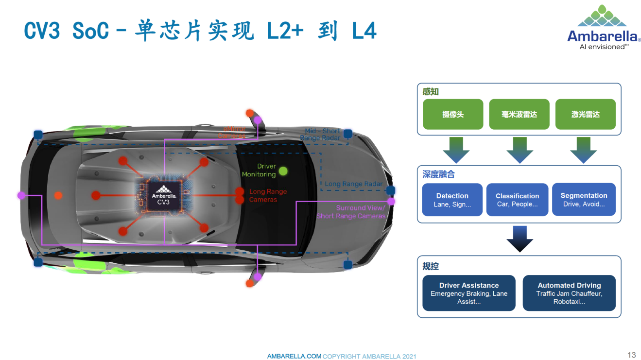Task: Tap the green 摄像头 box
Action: (453, 114)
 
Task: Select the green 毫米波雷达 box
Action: (519, 114)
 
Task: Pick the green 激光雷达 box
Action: (585, 114)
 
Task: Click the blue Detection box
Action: (452, 200)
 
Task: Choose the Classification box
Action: (517, 200)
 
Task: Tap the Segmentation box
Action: (584, 200)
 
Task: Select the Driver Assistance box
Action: (468, 293)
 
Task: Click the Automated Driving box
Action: (569, 293)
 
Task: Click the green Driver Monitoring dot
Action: (283, 171)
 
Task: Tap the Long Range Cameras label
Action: (268, 195)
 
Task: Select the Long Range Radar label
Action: (353, 184)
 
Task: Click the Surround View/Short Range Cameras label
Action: (350, 212)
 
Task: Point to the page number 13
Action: (631, 355)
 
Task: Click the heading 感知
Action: (431, 92)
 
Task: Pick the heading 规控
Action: (431, 266)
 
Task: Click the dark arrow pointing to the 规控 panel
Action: (520, 238)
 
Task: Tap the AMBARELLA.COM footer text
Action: (294, 356)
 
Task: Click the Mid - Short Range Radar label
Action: (322, 135)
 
